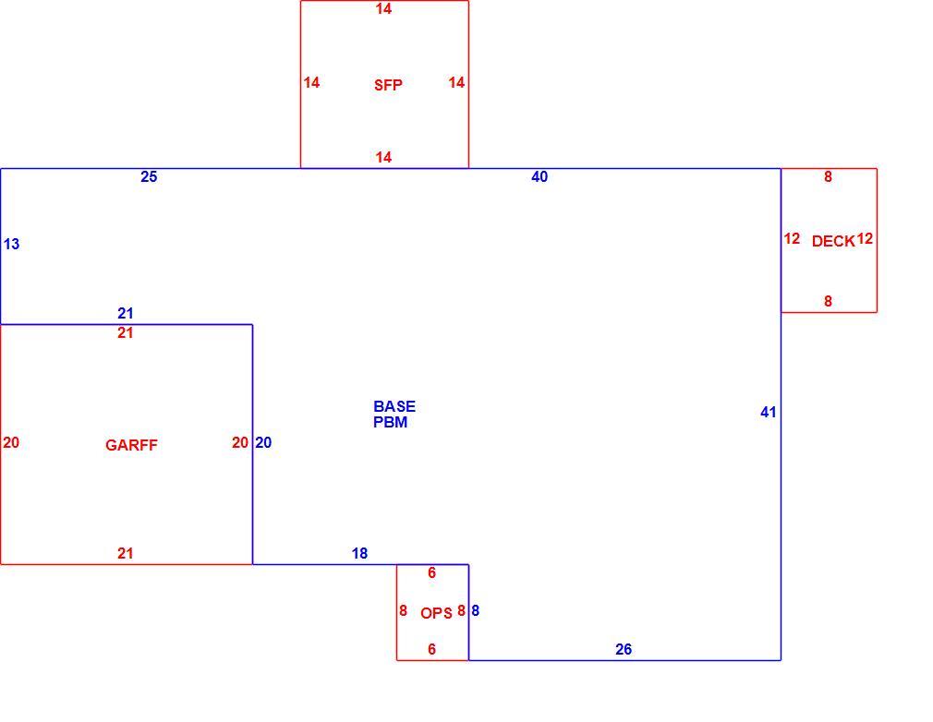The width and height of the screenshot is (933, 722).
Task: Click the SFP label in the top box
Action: click(x=388, y=85)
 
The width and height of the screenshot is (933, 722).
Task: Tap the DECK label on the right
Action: click(x=833, y=241)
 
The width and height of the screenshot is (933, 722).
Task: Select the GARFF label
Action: click(x=131, y=445)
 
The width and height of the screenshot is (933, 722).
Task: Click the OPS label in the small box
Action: click(x=436, y=613)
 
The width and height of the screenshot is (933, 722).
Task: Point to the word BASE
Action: click(x=394, y=406)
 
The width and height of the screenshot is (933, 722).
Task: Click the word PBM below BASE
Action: click(x=391, y=422)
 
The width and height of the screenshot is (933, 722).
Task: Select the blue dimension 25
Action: click(x=149, y=176)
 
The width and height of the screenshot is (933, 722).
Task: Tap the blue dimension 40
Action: click(x=539, y=176)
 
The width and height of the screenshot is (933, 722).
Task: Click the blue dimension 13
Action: click(x=11, y=244)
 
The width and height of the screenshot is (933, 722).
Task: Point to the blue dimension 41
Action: click(x=769, y=412)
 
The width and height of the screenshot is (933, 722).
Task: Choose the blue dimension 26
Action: click(x=623, y=649)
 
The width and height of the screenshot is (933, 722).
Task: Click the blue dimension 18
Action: click(x=359, y=554)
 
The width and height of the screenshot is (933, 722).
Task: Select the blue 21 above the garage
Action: click(x=125, y=313)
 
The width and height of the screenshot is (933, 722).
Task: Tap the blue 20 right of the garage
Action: click(x=263, y=442)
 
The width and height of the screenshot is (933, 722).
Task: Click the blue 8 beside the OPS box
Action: click(x=475, y=611)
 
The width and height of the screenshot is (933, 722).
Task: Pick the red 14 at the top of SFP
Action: click(x=383, y=9)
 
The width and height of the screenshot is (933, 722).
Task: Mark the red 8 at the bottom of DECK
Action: click(x=828, y=302)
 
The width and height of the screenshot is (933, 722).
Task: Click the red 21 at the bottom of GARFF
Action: click(x=125, y=554)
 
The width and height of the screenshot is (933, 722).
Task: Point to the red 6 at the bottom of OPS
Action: click(x=431, y=649)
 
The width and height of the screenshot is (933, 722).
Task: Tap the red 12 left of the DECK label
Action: click(x=792, y=238)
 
